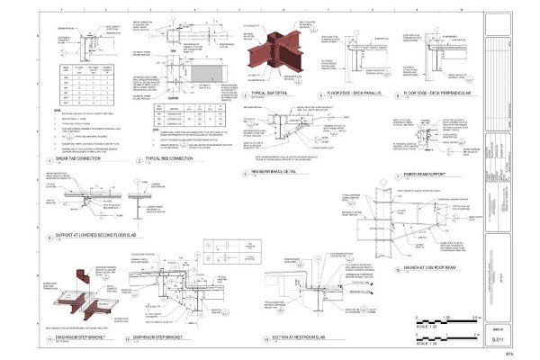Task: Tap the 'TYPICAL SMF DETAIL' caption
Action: point(275,92)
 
